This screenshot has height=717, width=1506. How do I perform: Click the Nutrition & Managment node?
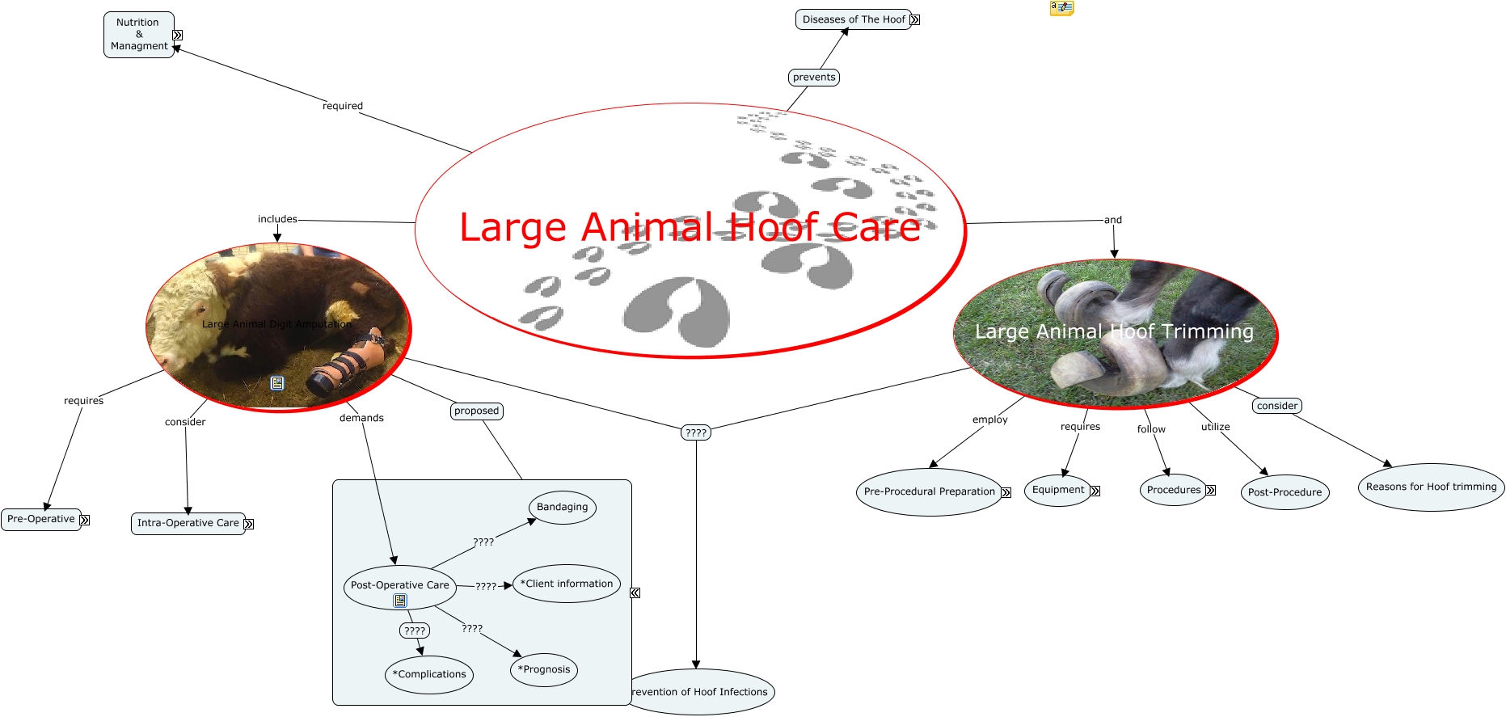138,35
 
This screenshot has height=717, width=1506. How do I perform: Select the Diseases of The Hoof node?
853,19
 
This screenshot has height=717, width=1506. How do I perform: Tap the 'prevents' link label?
814,78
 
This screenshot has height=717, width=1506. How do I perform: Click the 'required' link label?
343,106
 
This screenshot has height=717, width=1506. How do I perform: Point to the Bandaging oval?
563,508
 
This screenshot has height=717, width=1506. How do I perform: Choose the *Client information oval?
567,584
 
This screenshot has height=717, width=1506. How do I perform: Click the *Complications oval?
429,674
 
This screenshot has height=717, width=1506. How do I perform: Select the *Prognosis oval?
544,669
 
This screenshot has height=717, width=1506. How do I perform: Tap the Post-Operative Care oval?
399,585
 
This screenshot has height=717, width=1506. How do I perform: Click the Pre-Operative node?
40,519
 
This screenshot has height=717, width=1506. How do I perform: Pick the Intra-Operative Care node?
188,523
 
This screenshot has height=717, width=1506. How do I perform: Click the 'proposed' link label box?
477,411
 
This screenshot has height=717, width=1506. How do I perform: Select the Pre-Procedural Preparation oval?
929,491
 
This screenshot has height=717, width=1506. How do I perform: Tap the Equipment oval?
1057,490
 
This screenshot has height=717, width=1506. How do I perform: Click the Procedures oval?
1173,490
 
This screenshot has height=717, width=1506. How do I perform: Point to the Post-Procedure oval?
1285,492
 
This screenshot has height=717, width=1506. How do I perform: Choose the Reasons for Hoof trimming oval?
1431,487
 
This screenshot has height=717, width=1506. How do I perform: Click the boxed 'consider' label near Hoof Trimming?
1277,406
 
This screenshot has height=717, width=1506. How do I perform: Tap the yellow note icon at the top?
1061,8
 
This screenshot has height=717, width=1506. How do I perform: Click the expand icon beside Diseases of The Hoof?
915,20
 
